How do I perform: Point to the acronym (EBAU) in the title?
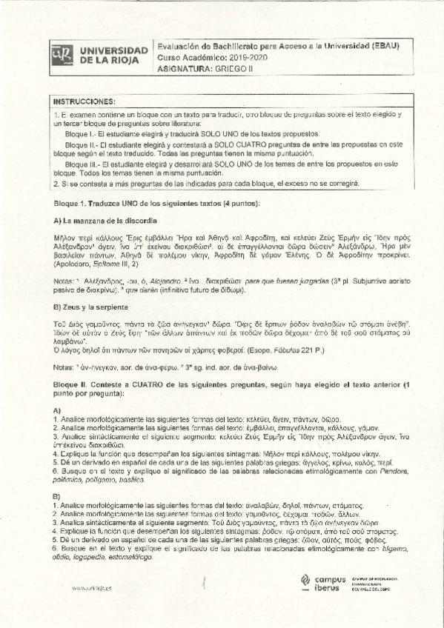384,44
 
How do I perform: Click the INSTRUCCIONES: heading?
82,101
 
